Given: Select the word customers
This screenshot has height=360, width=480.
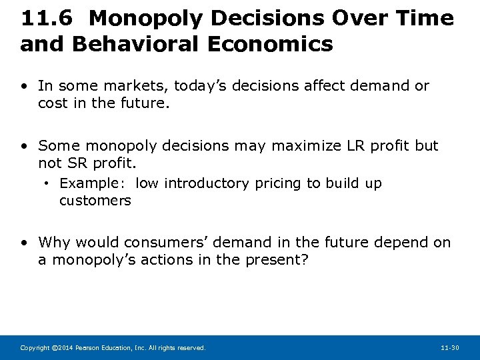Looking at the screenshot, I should [95, 201].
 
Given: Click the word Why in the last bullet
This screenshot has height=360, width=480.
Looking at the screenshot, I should [53, 243].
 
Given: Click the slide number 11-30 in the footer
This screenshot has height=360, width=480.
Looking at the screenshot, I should [450, 348].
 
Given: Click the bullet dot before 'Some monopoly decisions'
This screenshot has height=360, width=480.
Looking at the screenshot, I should [25, 145].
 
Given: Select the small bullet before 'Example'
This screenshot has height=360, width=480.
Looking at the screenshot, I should [49, 183].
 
